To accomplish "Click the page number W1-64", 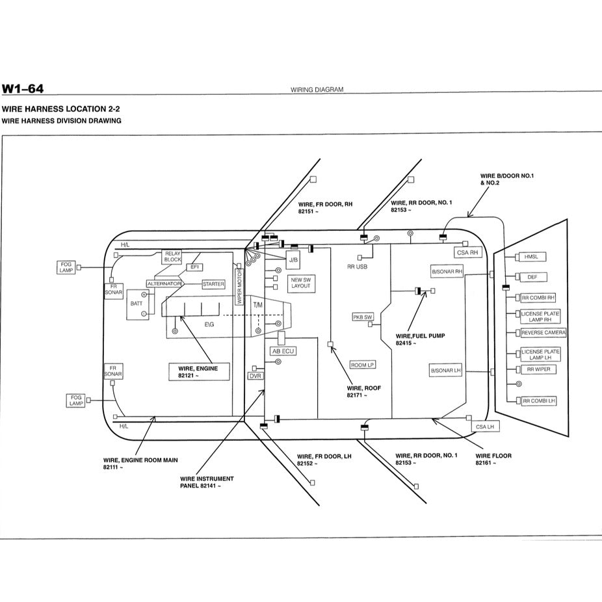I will (x=23, y=88).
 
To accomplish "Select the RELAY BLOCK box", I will (x=172, y=256).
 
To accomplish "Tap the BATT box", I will (x=137, y=304).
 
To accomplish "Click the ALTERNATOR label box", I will (x=164, y=284).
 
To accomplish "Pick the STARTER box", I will (x=213, y=284).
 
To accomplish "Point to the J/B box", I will (x=293, y=259).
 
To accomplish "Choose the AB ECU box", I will (x=283, y=351).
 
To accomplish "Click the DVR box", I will (x=255, y=376).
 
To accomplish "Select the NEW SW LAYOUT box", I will (x=301, y=282).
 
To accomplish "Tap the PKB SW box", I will (x=363, y=317).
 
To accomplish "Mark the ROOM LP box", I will (x=362, y=365).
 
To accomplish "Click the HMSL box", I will (x=532, y=257).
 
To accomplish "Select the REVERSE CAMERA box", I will (x=543, y=333).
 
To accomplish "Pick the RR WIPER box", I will (x=538, y=369).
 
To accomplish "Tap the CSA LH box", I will (x=484, y=426).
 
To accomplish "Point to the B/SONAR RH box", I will (x=447, y=271).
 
